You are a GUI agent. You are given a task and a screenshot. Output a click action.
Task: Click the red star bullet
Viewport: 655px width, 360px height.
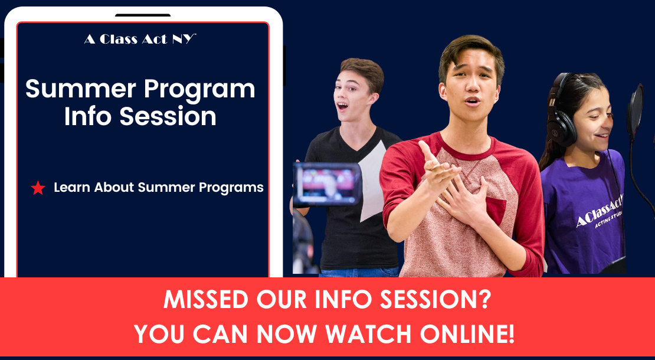click(38, 188)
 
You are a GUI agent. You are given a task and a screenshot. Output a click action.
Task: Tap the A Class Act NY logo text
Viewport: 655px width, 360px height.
click(140, 40)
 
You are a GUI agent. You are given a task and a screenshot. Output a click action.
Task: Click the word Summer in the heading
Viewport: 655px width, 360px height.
click(81, 89)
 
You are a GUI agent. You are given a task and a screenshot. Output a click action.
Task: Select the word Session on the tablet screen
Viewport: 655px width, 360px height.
click(168, 116)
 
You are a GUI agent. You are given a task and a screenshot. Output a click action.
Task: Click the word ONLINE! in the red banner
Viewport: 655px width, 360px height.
click(467, 333)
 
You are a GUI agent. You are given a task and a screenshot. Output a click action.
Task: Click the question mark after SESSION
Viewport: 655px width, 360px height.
click(484, 299)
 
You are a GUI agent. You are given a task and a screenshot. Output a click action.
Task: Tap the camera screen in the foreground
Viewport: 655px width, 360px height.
click(327, 184)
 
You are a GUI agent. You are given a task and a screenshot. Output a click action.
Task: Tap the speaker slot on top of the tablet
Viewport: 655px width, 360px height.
click(143, 15)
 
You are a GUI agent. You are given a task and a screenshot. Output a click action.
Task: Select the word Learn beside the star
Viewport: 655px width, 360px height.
click(72, 188)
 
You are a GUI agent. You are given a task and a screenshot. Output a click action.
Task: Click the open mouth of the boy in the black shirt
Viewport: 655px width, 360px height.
click(342, 106)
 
